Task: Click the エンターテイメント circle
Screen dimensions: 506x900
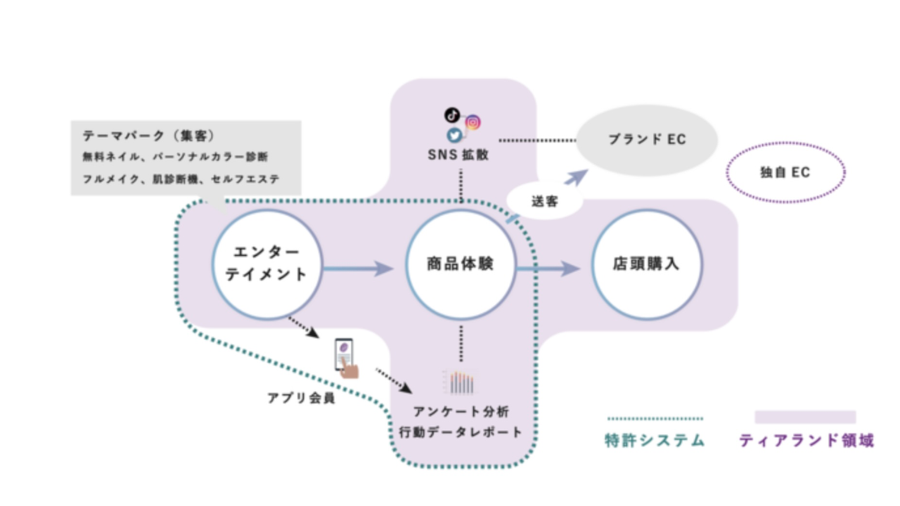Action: pos(266,264)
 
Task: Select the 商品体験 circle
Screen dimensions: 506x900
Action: pos(461,265)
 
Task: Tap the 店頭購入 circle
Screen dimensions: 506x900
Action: pos(646,265)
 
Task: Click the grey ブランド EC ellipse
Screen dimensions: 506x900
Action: pos(647,140)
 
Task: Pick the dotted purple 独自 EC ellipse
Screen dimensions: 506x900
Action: pos(785,172)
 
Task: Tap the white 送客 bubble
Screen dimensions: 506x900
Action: pos(545,201)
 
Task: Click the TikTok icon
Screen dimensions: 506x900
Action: pos(452,115)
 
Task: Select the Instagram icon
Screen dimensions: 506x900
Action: pos(473,122)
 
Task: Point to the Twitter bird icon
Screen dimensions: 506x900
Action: pos(455,136)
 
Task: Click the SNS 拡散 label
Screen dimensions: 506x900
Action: pos(458,155)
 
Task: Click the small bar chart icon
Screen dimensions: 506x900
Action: pos(461,382)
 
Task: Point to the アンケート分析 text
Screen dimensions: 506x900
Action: pos(461,412)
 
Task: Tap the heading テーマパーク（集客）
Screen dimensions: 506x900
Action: pos(148,135)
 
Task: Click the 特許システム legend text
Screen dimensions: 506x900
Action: pos(655,441)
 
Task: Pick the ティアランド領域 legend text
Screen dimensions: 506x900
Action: pos(806,441)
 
